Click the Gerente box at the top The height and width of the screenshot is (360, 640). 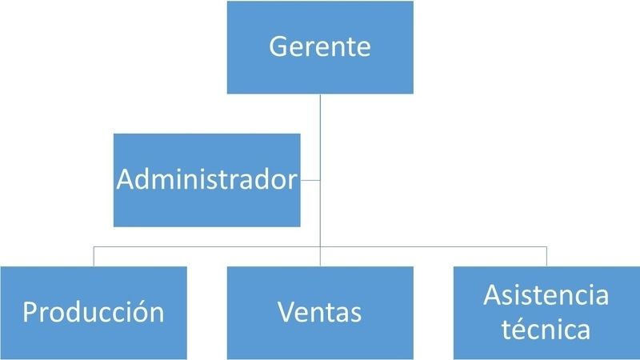(320, 47)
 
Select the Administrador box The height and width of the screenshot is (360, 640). (206, 180)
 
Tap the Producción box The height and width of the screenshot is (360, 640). (93, 313)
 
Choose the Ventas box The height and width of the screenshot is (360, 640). (320, 313)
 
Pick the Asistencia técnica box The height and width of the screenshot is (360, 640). (546, 313)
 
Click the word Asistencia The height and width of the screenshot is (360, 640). (546, 295)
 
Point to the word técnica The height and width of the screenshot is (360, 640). (546, 330)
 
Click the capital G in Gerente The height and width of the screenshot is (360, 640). (278, 46)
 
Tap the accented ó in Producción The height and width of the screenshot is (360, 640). (142, 312)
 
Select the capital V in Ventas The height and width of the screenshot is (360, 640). (286, 312)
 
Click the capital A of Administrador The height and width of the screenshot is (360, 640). (125, 179)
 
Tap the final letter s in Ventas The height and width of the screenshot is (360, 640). (356, 313)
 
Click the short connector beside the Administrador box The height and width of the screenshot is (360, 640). (310, 180)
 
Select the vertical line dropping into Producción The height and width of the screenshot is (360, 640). (94, 256)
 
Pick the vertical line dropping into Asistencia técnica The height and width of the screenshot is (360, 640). (546, 256)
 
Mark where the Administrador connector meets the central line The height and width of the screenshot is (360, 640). (320, 180)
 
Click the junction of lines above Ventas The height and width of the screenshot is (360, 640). (320, 246)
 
